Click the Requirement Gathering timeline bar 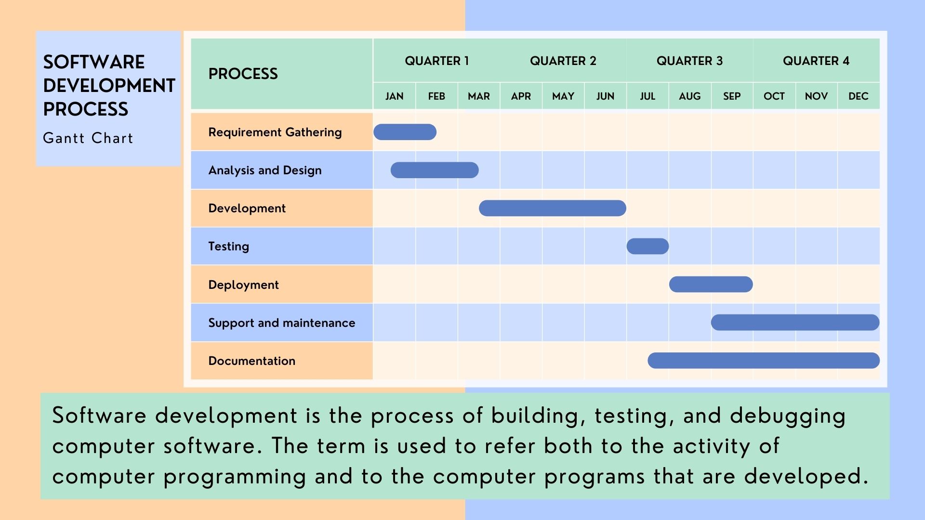405,132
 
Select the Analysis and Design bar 435,170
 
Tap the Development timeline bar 553,208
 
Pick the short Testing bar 647,246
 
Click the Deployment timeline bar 711,284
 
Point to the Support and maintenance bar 795,322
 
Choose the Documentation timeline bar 764,360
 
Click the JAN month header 394,96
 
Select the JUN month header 605,96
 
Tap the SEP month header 732,96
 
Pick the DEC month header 859,96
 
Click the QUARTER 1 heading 436,61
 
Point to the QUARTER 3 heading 689,61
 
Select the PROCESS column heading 243,74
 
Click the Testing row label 228,247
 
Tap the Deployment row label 243,285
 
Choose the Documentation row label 251,361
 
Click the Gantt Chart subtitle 88,138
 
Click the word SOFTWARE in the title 93,62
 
